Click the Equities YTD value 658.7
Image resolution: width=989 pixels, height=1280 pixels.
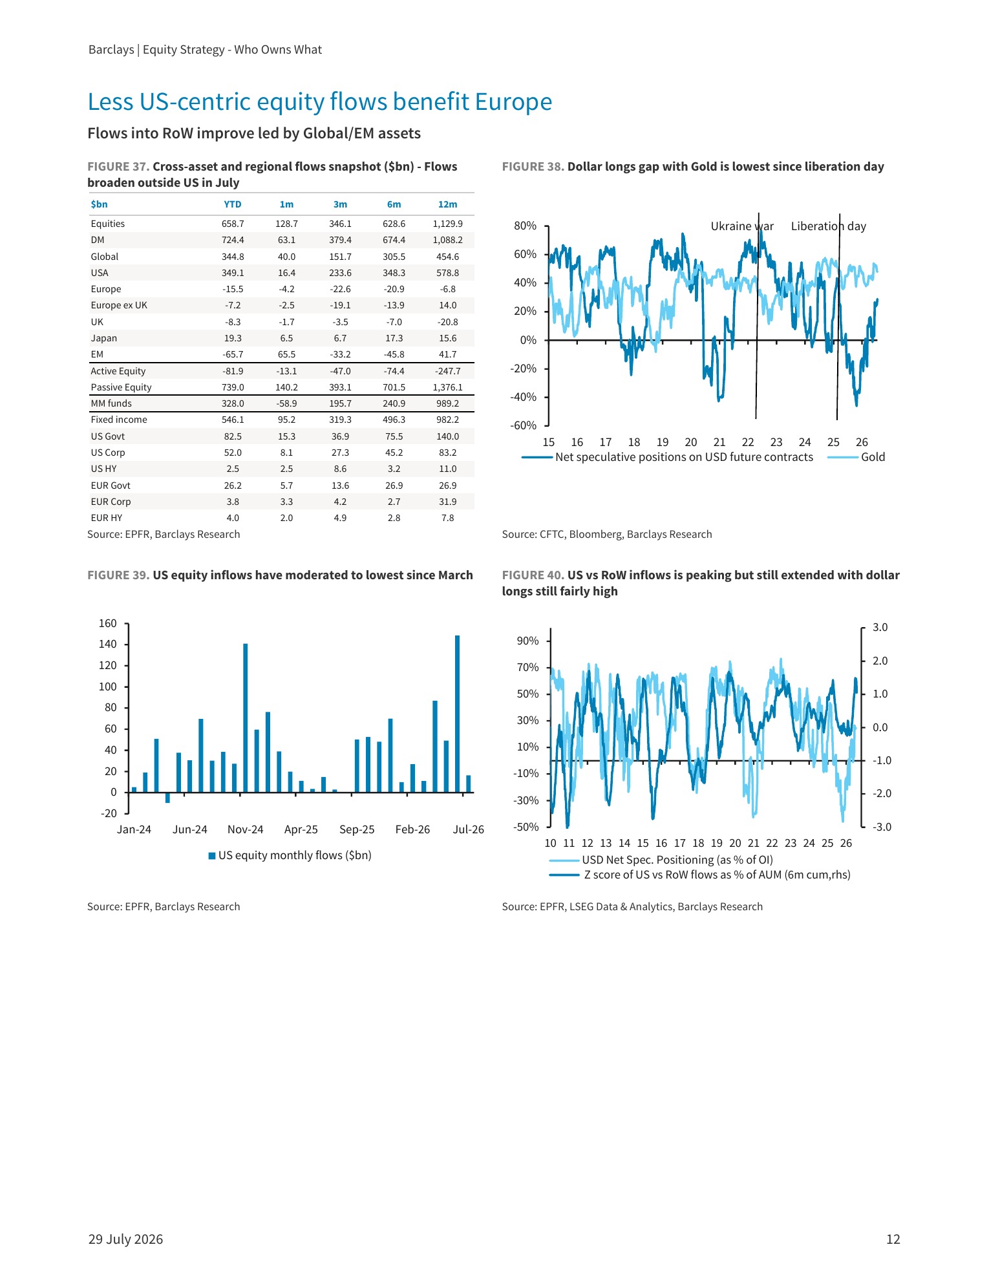click(233, 224)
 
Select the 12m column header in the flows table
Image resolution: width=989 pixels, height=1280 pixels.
click(447, 204)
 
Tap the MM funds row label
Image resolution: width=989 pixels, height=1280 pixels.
click(111, 403)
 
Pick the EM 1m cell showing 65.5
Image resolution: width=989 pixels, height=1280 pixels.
click(286, 354)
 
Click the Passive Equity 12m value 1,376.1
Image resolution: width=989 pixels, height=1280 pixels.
click(447, 387)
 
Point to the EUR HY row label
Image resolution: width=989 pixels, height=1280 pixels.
click(107, 518)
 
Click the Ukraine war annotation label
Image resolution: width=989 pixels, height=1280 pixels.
click(742, 226)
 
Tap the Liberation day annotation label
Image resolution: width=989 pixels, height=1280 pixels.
click(828, 226)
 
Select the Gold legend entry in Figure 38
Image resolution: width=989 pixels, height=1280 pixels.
click(856, 457)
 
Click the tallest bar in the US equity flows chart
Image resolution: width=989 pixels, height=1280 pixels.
click(458, 714)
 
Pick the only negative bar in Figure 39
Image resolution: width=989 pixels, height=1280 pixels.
click(167, 798)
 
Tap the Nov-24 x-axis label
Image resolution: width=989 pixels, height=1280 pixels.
click(246, 829)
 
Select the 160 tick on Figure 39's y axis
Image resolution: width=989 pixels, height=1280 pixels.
click(108, 624)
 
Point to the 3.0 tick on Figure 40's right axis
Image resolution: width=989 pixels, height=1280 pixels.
click(880, 628)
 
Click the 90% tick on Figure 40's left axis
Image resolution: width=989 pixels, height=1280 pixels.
click(527, 641)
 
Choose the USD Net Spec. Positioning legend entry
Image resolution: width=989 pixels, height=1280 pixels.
click(661, 860)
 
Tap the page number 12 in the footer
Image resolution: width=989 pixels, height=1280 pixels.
click(893, 1239)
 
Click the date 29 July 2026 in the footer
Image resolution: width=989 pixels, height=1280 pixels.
click(126, 1239)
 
